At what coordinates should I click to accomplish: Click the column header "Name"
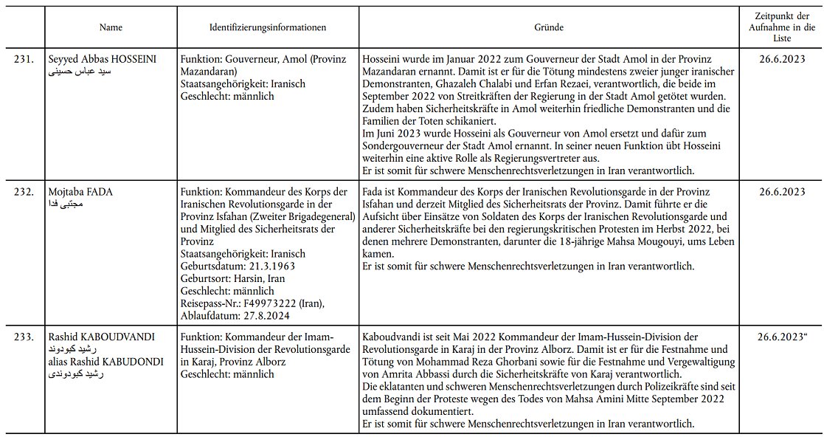(x=111, y=27)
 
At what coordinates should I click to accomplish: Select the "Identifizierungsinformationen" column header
(x=268, y=27)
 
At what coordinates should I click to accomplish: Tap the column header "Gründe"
(x=549, y=27)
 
